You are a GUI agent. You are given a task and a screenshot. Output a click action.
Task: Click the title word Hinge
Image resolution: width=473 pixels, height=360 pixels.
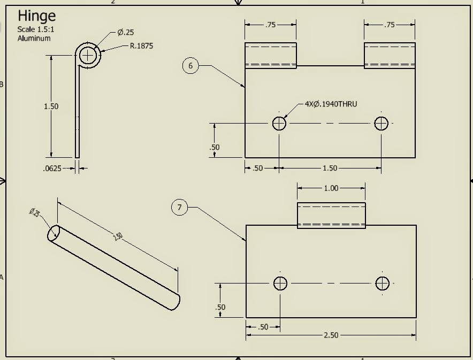point(36,16)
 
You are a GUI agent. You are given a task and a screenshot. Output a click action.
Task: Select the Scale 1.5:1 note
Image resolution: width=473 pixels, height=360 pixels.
point(34,29)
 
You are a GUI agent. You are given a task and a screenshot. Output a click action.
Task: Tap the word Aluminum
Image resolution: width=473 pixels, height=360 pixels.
point(34,39)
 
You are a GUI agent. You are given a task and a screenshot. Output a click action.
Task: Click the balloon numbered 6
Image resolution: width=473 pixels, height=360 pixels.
point(190,66)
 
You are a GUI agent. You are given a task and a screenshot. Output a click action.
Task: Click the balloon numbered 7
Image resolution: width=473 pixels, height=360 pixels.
point(180,208)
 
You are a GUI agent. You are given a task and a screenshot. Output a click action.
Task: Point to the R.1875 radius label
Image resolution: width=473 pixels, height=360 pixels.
point(141,46)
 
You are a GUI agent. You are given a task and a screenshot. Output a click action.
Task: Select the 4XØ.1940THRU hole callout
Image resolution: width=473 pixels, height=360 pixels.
point(331,104)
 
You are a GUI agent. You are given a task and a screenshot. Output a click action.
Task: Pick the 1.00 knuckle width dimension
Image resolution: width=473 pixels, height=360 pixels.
point(331,188)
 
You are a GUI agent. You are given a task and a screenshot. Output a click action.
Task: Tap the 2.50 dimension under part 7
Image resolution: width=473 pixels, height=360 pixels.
point(331,335)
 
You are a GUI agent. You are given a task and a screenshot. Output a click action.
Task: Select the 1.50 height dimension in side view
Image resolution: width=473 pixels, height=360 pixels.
point(51,106)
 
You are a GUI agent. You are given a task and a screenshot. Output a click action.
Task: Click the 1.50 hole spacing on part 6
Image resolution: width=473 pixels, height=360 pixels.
point(330,168)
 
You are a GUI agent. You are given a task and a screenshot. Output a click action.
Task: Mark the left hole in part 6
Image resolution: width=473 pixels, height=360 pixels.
point(279,124)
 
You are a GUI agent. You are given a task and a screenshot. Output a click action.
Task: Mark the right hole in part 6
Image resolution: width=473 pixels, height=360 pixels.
point(381,124)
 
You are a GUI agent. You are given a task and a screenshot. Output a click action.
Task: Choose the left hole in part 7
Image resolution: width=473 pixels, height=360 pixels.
point(280,283)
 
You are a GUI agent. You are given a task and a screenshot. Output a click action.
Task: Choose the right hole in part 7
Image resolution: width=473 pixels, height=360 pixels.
point(382,283)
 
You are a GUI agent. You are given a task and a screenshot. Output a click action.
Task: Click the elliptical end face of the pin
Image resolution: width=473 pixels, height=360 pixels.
point(54,233)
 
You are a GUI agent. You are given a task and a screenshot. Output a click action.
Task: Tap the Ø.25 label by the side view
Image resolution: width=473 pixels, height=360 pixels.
point(126,33)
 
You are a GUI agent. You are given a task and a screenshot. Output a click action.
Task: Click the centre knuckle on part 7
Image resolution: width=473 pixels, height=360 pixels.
point(331,216)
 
